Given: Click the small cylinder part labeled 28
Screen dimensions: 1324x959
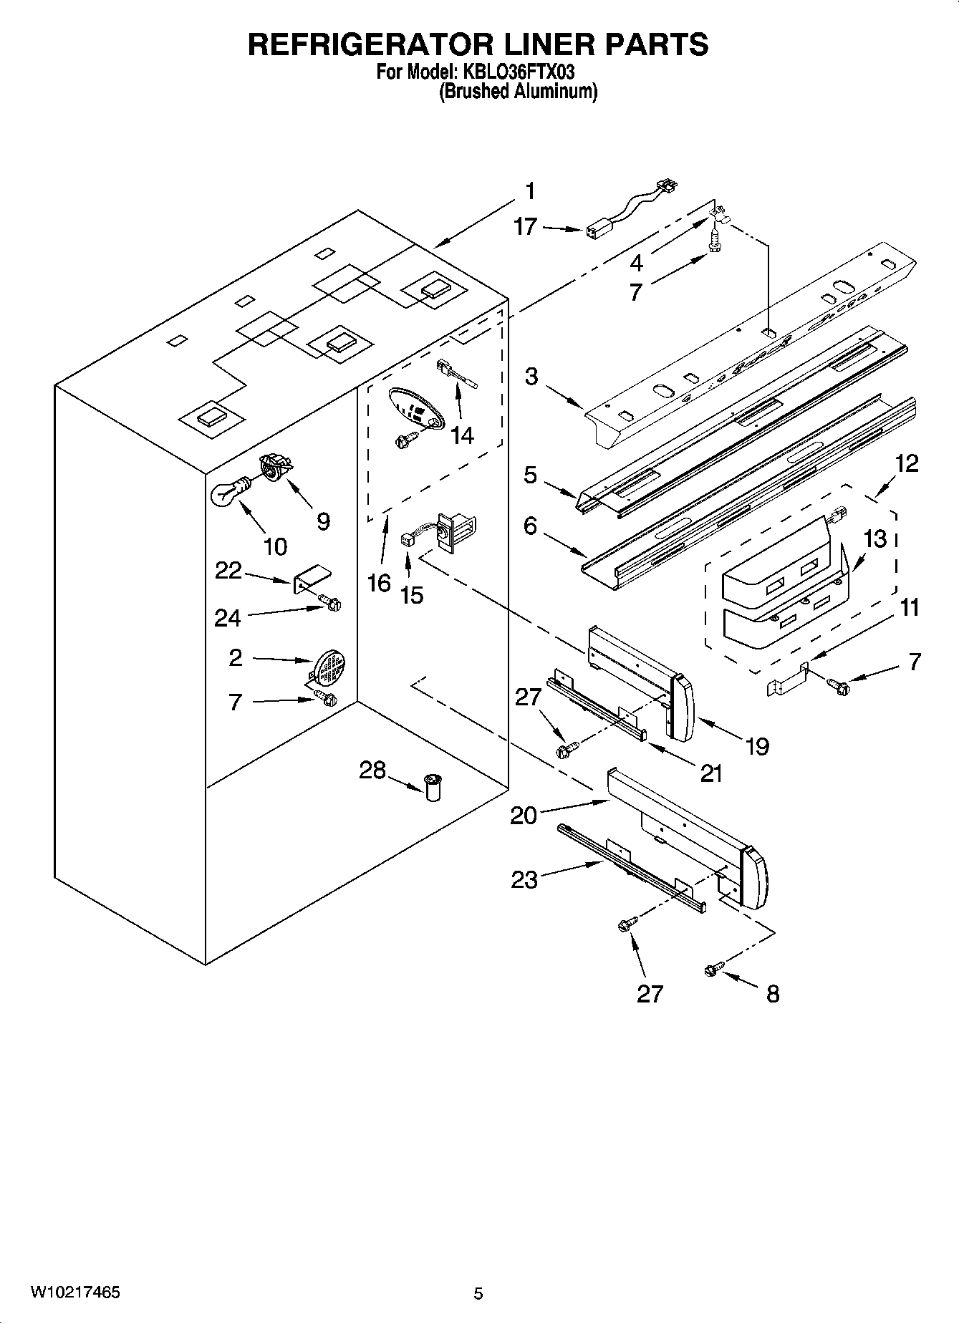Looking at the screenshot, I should (x=433, y=787).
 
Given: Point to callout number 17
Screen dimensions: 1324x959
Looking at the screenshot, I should (x=525, y=227).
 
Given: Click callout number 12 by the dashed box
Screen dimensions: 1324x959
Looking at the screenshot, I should (x=906, y=463).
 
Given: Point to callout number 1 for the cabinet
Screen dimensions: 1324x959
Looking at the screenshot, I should (x=529, y=191).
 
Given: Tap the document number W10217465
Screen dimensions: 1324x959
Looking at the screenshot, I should (x=74, y=1292).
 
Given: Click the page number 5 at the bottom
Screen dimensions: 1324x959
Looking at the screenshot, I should (x=478, y=1293).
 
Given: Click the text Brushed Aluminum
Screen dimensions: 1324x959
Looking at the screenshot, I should (x=518, y=91).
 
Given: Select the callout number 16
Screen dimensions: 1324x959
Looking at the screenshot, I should (x=379, y=583).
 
